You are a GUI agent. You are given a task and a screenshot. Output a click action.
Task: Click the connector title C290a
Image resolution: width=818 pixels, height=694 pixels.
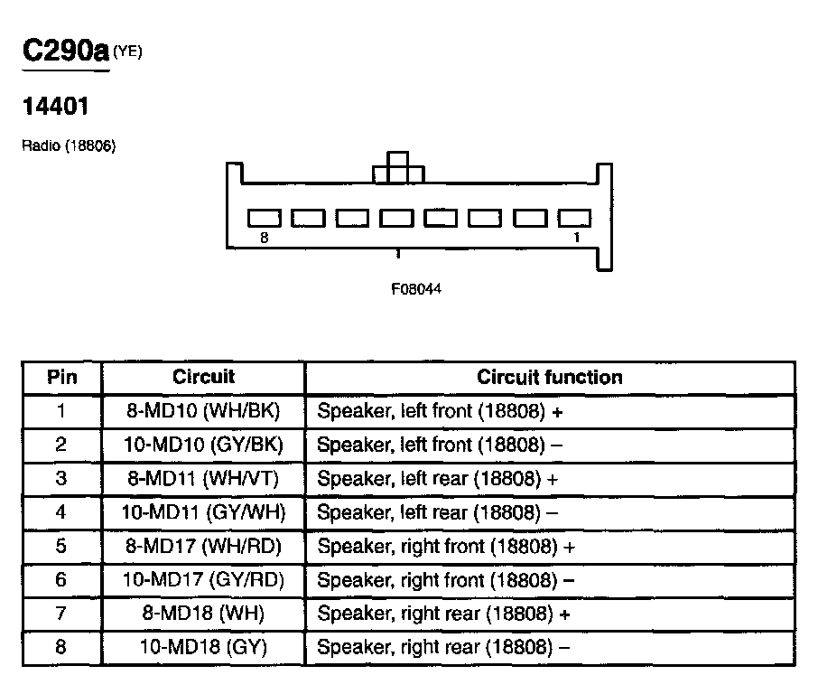click(65, 51)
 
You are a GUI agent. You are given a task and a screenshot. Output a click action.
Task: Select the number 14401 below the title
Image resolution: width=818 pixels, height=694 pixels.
click(55, 107)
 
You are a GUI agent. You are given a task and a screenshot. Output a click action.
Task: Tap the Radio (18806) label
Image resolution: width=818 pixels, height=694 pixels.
click(69, 146)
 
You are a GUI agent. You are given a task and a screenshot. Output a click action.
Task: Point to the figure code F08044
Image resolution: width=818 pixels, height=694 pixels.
click(416, 290)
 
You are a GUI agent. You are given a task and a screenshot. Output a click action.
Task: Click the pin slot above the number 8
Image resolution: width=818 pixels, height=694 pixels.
click(265, 218)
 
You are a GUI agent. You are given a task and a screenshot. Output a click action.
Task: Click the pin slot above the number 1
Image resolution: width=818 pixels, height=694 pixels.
click(574, 218)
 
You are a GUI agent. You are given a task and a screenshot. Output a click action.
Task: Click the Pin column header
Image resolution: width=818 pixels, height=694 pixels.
click(62, 378)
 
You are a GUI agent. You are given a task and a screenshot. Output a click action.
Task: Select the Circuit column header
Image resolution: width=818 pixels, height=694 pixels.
click(203, 378)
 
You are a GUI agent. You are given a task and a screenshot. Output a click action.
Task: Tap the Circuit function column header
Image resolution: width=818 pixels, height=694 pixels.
click(549, 378)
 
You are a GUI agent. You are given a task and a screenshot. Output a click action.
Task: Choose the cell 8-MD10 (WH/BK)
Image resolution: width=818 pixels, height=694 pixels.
click(203, 411)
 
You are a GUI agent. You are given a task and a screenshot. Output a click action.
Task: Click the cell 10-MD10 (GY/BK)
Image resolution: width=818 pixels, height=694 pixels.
click(203, 445)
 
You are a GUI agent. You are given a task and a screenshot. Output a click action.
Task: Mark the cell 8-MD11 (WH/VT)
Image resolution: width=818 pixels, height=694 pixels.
click(203, 478)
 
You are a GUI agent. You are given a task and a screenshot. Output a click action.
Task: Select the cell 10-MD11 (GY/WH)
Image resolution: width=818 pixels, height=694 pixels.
click(203, 512)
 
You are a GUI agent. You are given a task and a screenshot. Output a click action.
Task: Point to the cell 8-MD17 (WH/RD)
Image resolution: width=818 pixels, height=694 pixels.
click(203, 546)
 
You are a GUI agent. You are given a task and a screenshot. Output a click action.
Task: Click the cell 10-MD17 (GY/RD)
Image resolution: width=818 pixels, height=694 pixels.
click(203, 579)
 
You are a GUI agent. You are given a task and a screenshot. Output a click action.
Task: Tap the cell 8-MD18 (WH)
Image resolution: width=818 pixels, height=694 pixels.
click(203, 614)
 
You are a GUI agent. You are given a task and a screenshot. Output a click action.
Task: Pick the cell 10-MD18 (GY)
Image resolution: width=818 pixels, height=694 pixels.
click(203, 647)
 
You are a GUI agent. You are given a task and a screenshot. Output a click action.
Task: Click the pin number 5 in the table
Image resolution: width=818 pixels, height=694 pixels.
click(61, 546)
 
